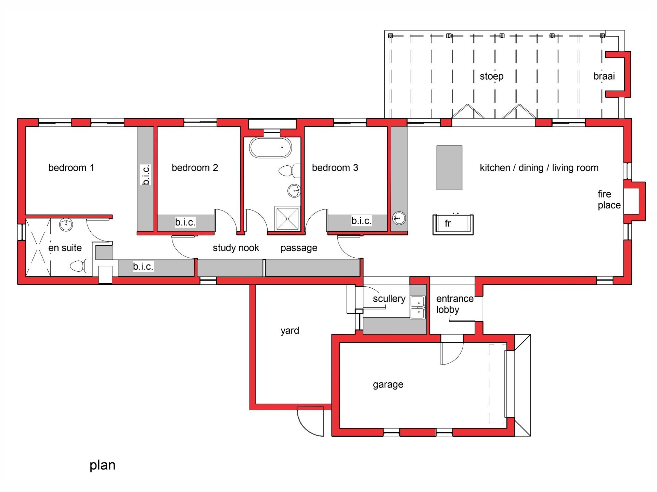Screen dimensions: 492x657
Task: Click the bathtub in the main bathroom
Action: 270,148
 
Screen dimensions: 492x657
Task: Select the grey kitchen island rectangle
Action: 449,168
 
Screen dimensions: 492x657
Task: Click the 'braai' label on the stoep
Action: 604,76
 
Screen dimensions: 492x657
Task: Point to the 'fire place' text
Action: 609,200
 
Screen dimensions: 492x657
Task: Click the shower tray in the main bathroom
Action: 287,218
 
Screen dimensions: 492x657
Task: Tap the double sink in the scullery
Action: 418,307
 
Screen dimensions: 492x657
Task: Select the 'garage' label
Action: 388,385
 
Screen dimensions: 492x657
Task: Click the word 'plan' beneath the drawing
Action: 102,465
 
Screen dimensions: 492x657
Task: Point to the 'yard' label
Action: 289,331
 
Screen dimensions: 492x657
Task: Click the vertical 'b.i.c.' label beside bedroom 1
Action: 146,175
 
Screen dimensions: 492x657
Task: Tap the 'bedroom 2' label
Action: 195,168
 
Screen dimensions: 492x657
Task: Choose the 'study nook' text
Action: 236,248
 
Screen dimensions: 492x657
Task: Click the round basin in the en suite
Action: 66,224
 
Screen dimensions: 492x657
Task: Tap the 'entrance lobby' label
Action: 454,304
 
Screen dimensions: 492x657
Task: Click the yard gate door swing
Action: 310,421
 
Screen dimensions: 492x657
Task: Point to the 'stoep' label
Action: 491,76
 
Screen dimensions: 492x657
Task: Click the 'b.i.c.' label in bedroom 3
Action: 361,221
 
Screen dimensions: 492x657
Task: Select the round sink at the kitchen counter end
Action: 399,218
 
